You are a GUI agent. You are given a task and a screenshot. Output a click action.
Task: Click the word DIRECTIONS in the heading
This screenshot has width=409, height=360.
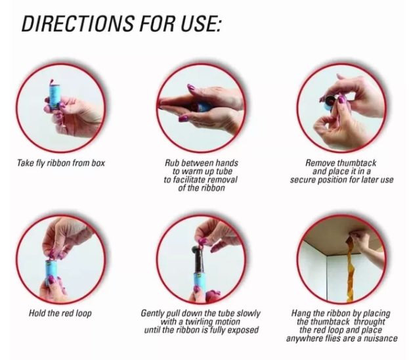(78, 23)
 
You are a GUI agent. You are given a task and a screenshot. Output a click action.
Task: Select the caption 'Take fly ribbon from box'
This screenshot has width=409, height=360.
(61, 163)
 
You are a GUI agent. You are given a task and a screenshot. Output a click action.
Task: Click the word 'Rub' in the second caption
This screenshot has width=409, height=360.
(171, 163)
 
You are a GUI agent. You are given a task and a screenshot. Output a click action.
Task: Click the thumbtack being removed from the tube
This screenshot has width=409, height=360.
(330, 100)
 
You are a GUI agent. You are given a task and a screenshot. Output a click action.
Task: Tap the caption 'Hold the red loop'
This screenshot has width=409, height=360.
(60, 313)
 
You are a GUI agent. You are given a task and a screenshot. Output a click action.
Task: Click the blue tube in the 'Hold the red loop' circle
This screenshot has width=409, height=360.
(51, 272)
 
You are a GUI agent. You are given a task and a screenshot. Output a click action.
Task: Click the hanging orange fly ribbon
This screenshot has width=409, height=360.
(349, 269)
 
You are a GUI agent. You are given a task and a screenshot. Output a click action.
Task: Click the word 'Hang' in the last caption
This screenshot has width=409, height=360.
(300, 313)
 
